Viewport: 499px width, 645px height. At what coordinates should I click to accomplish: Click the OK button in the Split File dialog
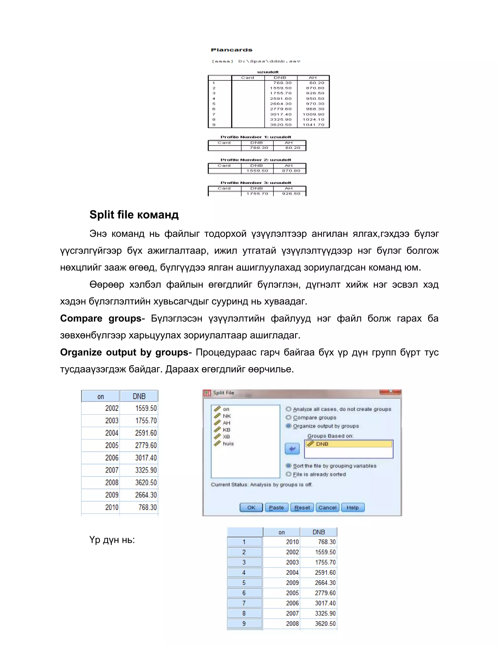pos(251,507)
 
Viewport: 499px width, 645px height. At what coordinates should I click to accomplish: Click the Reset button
pos(302,507)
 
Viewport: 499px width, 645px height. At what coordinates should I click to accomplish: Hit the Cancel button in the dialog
pos(327,507)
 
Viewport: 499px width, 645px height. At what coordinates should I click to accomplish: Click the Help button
pos(353,507)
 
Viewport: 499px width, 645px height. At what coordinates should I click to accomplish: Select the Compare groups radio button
pos(288,418)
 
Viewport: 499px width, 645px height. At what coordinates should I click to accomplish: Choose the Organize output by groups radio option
pos(288,426)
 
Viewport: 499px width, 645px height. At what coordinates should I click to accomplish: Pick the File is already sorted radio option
pos(288,474)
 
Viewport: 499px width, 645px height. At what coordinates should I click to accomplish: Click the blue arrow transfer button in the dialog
pos(292,449)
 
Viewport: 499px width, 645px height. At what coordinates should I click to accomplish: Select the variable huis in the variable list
pos(228,443)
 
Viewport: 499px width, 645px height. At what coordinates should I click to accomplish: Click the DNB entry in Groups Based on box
pos(322,444)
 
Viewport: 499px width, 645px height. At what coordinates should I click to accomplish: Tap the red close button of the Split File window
pos(390,392)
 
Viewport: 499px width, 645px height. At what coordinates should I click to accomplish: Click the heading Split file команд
pos(134,215)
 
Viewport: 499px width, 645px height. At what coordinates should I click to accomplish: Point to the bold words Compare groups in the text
pos(101,318)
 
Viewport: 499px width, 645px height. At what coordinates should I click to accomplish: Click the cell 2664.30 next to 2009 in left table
pos(146,495)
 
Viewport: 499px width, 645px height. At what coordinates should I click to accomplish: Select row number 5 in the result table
pos(244,583)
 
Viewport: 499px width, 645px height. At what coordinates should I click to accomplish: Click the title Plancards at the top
pos(231,50)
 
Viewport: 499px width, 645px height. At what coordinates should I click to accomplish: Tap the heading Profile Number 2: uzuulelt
pos(256,160)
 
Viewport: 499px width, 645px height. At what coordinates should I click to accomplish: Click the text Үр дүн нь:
pos(112,540)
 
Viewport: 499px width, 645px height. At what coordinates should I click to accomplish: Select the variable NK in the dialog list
pos(227,416)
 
